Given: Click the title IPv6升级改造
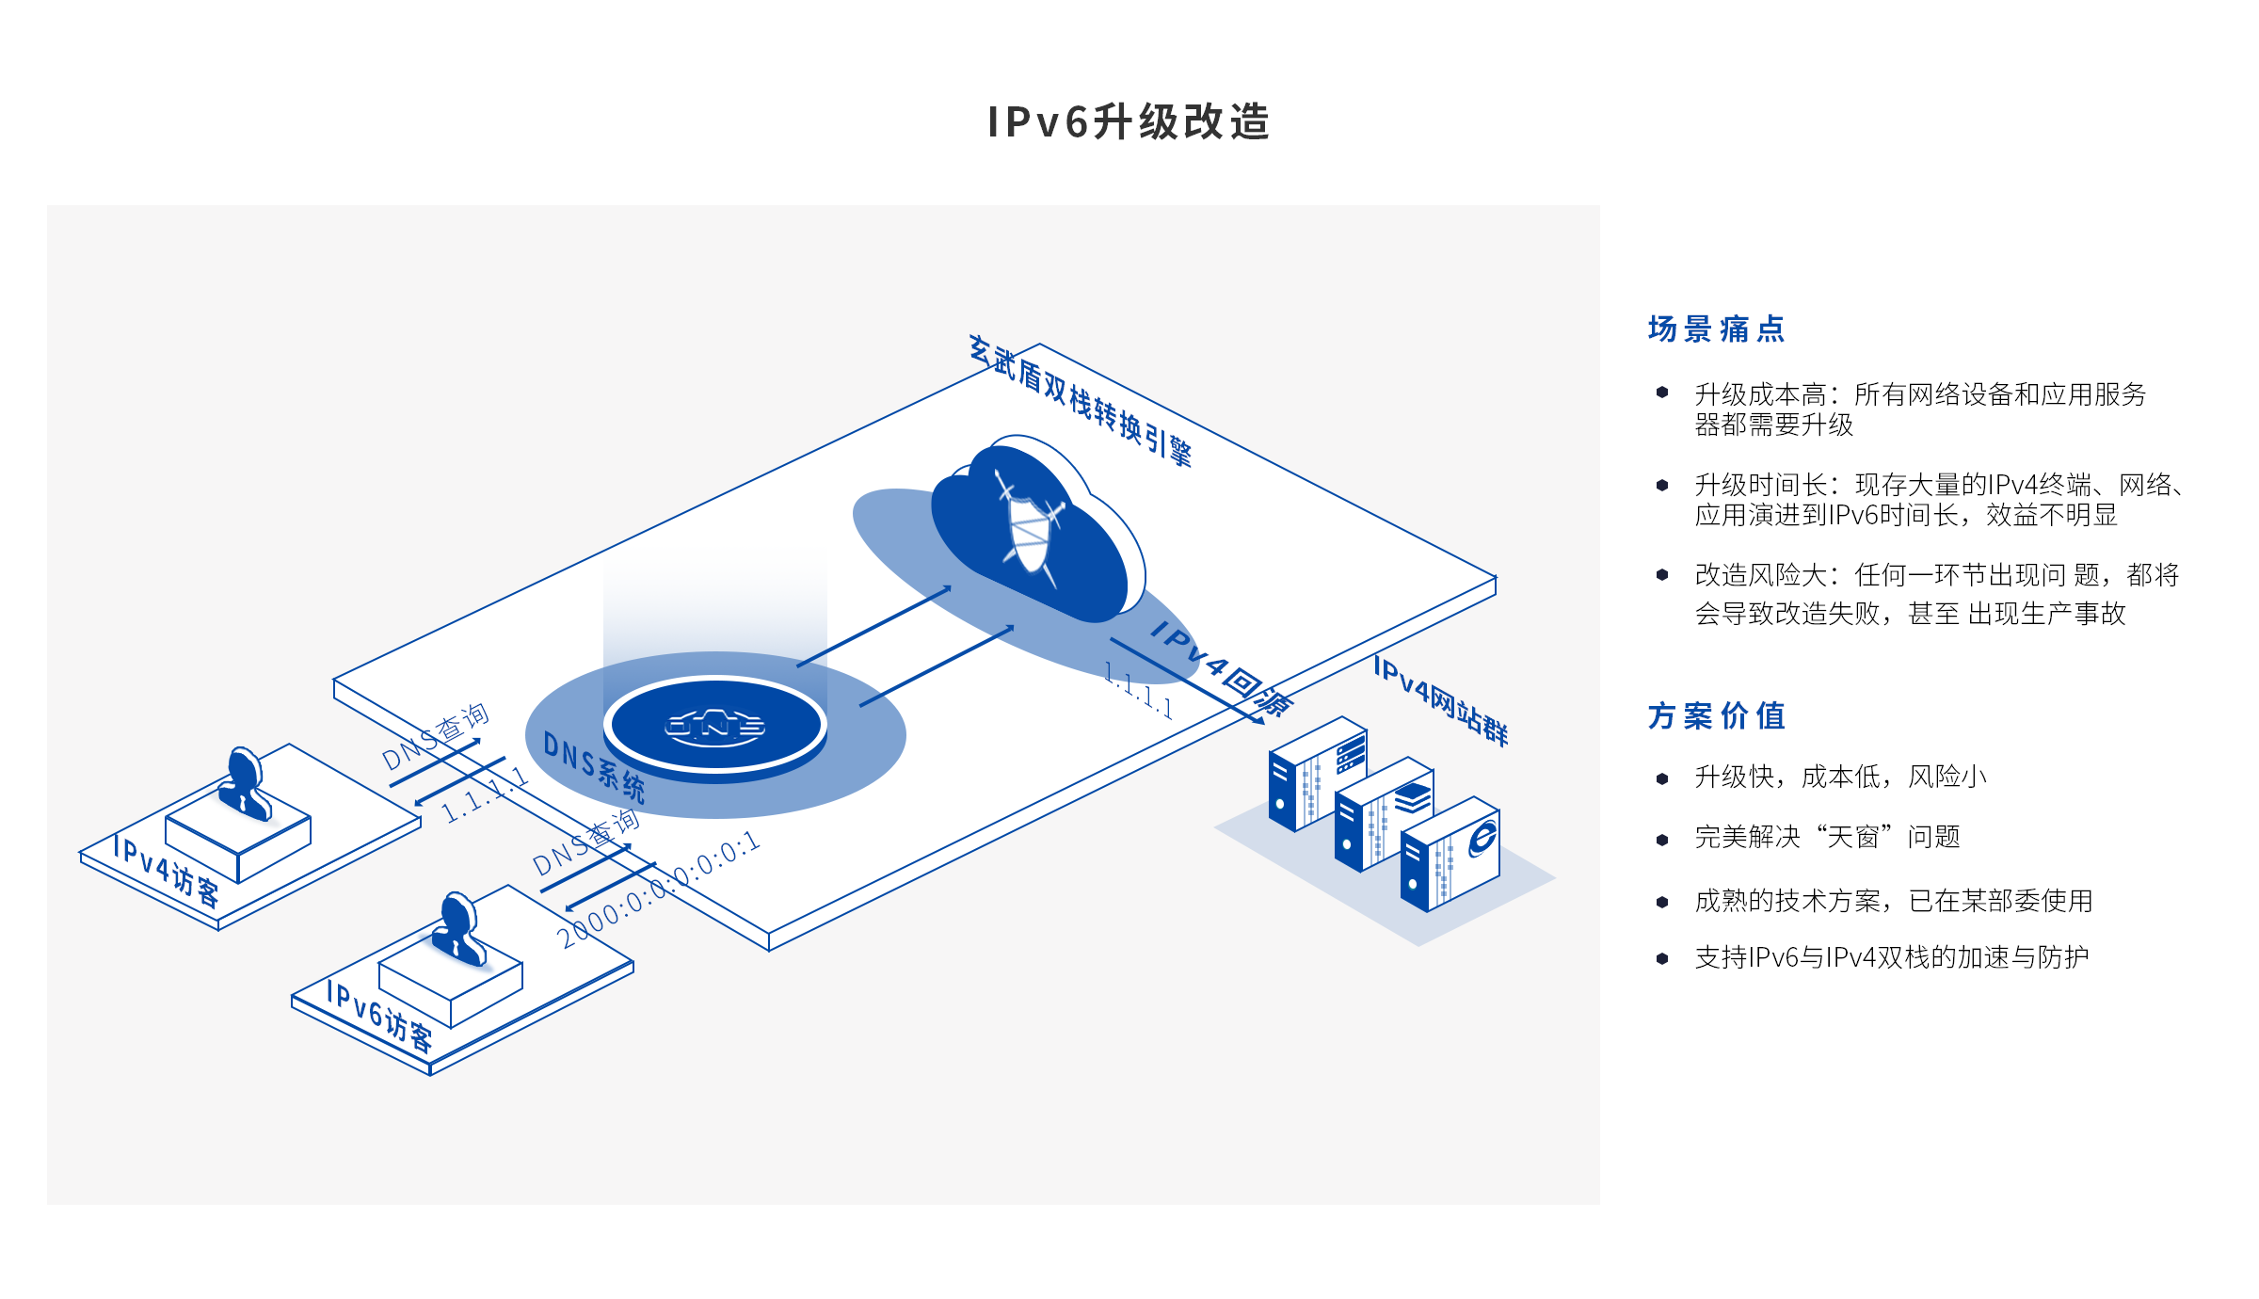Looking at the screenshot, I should point(1129,122).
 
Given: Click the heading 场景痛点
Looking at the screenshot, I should point(1716,329).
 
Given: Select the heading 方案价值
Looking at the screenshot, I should point(1716,716).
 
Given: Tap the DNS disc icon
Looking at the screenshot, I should point(714,726).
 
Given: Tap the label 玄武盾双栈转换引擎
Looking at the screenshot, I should point(1081,401).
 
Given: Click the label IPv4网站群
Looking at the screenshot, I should point(1440,701).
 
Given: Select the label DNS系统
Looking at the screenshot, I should point(594,767).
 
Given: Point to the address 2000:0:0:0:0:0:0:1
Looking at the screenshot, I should point(658,890).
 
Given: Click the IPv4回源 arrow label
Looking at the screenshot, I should point(1221,669).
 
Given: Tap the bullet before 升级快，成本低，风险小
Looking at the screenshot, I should point(1662,778).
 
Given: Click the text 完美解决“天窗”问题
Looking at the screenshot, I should point(1827,837).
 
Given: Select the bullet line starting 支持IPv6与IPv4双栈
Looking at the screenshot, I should point(1891,957).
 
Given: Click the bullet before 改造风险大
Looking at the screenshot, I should point(1662,574).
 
